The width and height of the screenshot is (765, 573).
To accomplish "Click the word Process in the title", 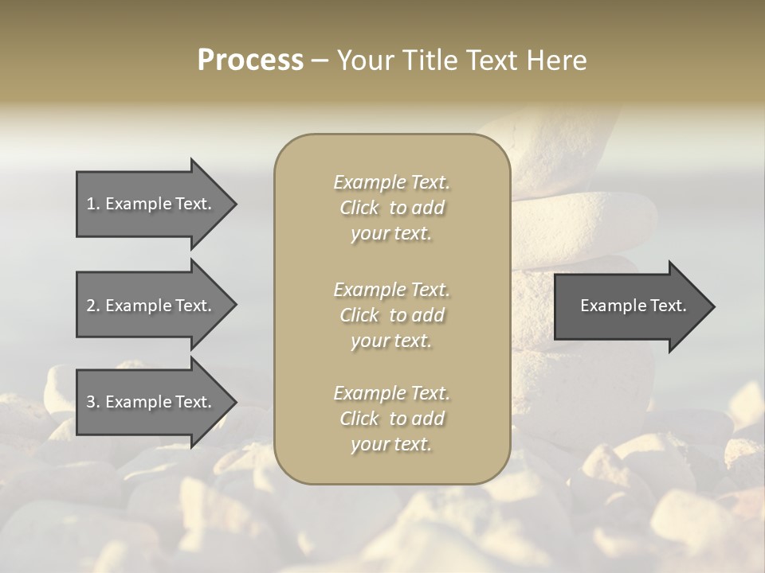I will (x=250, y=60).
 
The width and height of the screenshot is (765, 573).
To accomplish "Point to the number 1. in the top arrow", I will (x=93, y=204).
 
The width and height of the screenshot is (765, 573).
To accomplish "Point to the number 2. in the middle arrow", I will (x=93, y=306).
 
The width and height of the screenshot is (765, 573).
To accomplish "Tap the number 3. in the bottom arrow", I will (x=93, y=403).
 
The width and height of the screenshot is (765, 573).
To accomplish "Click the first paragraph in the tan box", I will (x=391, y=208).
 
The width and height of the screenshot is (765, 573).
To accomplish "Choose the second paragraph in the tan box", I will (x=391, y=315).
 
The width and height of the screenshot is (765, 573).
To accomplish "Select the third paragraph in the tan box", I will (x=391, y=419).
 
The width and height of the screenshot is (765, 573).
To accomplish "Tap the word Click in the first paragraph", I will (x=359, y=208).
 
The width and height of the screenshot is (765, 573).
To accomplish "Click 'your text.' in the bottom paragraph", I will (x=391, y=445).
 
